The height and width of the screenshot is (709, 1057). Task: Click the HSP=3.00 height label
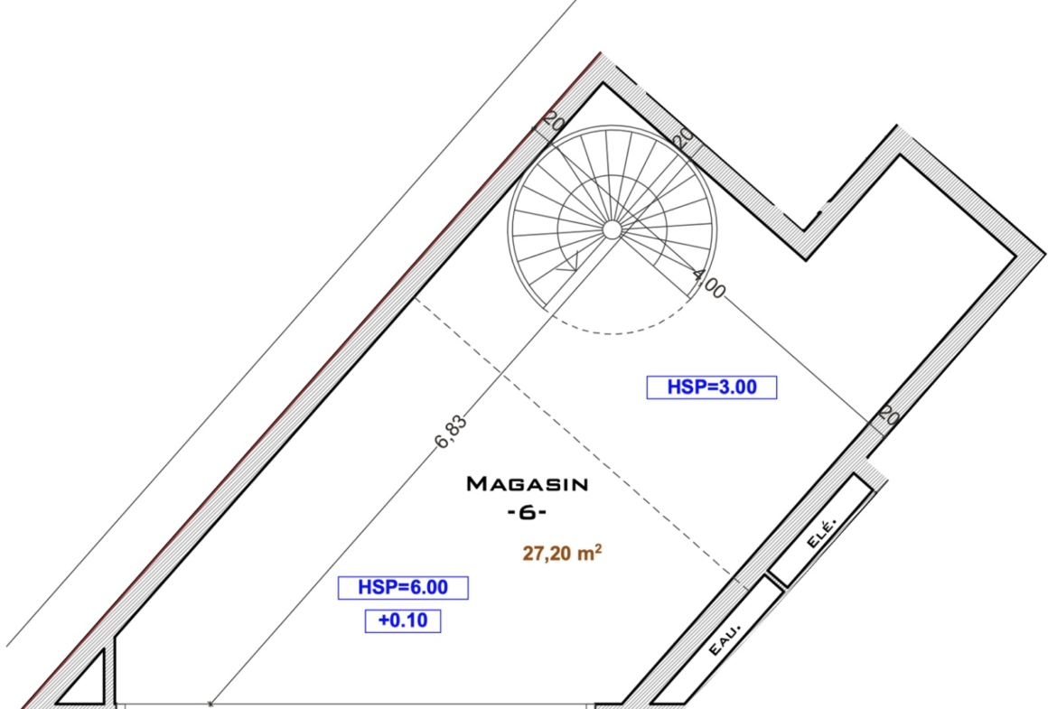(712, 387)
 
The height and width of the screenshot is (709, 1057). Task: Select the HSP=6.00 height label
(403, 588)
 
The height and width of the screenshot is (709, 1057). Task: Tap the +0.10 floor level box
(403, 620)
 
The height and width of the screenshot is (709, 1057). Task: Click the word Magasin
(528, 484)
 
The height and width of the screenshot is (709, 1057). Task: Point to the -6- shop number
(528, 513)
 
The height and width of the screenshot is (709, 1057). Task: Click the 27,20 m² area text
(562, 554)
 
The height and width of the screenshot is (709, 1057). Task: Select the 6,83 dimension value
(451, 432)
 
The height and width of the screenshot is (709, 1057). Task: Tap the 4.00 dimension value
(708, 284)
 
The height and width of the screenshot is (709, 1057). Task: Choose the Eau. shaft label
(725, 639)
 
